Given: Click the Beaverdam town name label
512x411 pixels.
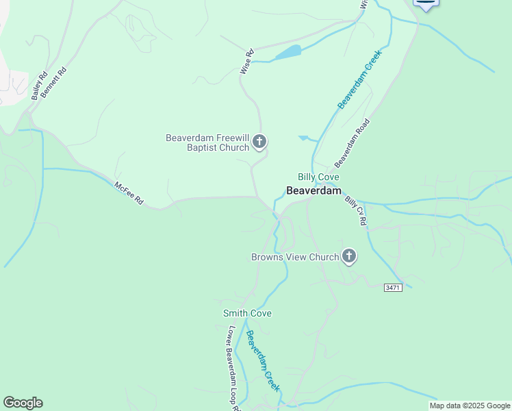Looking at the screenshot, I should pyautogui.click(x=313, y=191).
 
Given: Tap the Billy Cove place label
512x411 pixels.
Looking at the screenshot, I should pyautogui.click(x=318, y=177).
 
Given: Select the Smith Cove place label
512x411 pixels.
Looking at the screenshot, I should pyautogui.click(x=247, y=314).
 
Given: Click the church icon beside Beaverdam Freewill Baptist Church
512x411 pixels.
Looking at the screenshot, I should pyautogui.click(x=259, y=142).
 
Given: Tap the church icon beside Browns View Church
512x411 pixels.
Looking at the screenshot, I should pyautogui.click(x=349, y=257).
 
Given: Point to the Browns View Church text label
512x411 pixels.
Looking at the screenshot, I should pyautogui.click(x=295, y=258).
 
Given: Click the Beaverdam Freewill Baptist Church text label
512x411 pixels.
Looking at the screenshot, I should pyautogui.click(x=207, y=142).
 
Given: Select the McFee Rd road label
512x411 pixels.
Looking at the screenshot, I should pyautogui.click(x=129, y=192).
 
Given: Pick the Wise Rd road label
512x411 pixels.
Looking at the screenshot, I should pyautogui.click(x=246, y=61).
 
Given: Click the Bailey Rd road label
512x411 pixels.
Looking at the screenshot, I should pyautogui.click(x=39, y=85).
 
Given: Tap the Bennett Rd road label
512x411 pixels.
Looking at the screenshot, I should pyautogui.click(x=53, y=82).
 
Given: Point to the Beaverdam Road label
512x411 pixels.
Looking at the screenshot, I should pyautogui.click(x=352, y=142).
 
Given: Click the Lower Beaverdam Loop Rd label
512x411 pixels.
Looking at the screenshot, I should pyautogui.click(x=233, y=366).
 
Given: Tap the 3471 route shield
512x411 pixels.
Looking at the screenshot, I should pyautogui.click(x=392, y=287).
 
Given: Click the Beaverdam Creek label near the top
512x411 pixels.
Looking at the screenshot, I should pyautogui.click(x=359, y=82).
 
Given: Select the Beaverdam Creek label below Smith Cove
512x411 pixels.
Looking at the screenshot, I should pyautogui.click(x=263, y=361).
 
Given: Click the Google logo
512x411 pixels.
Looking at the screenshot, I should pyautogui.click(x=23, y=403).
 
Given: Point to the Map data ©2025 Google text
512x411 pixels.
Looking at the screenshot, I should pyautogui.click(x=470, y=406).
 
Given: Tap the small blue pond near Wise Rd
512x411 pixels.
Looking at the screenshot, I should pyautogui.click(x=287, y=52).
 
